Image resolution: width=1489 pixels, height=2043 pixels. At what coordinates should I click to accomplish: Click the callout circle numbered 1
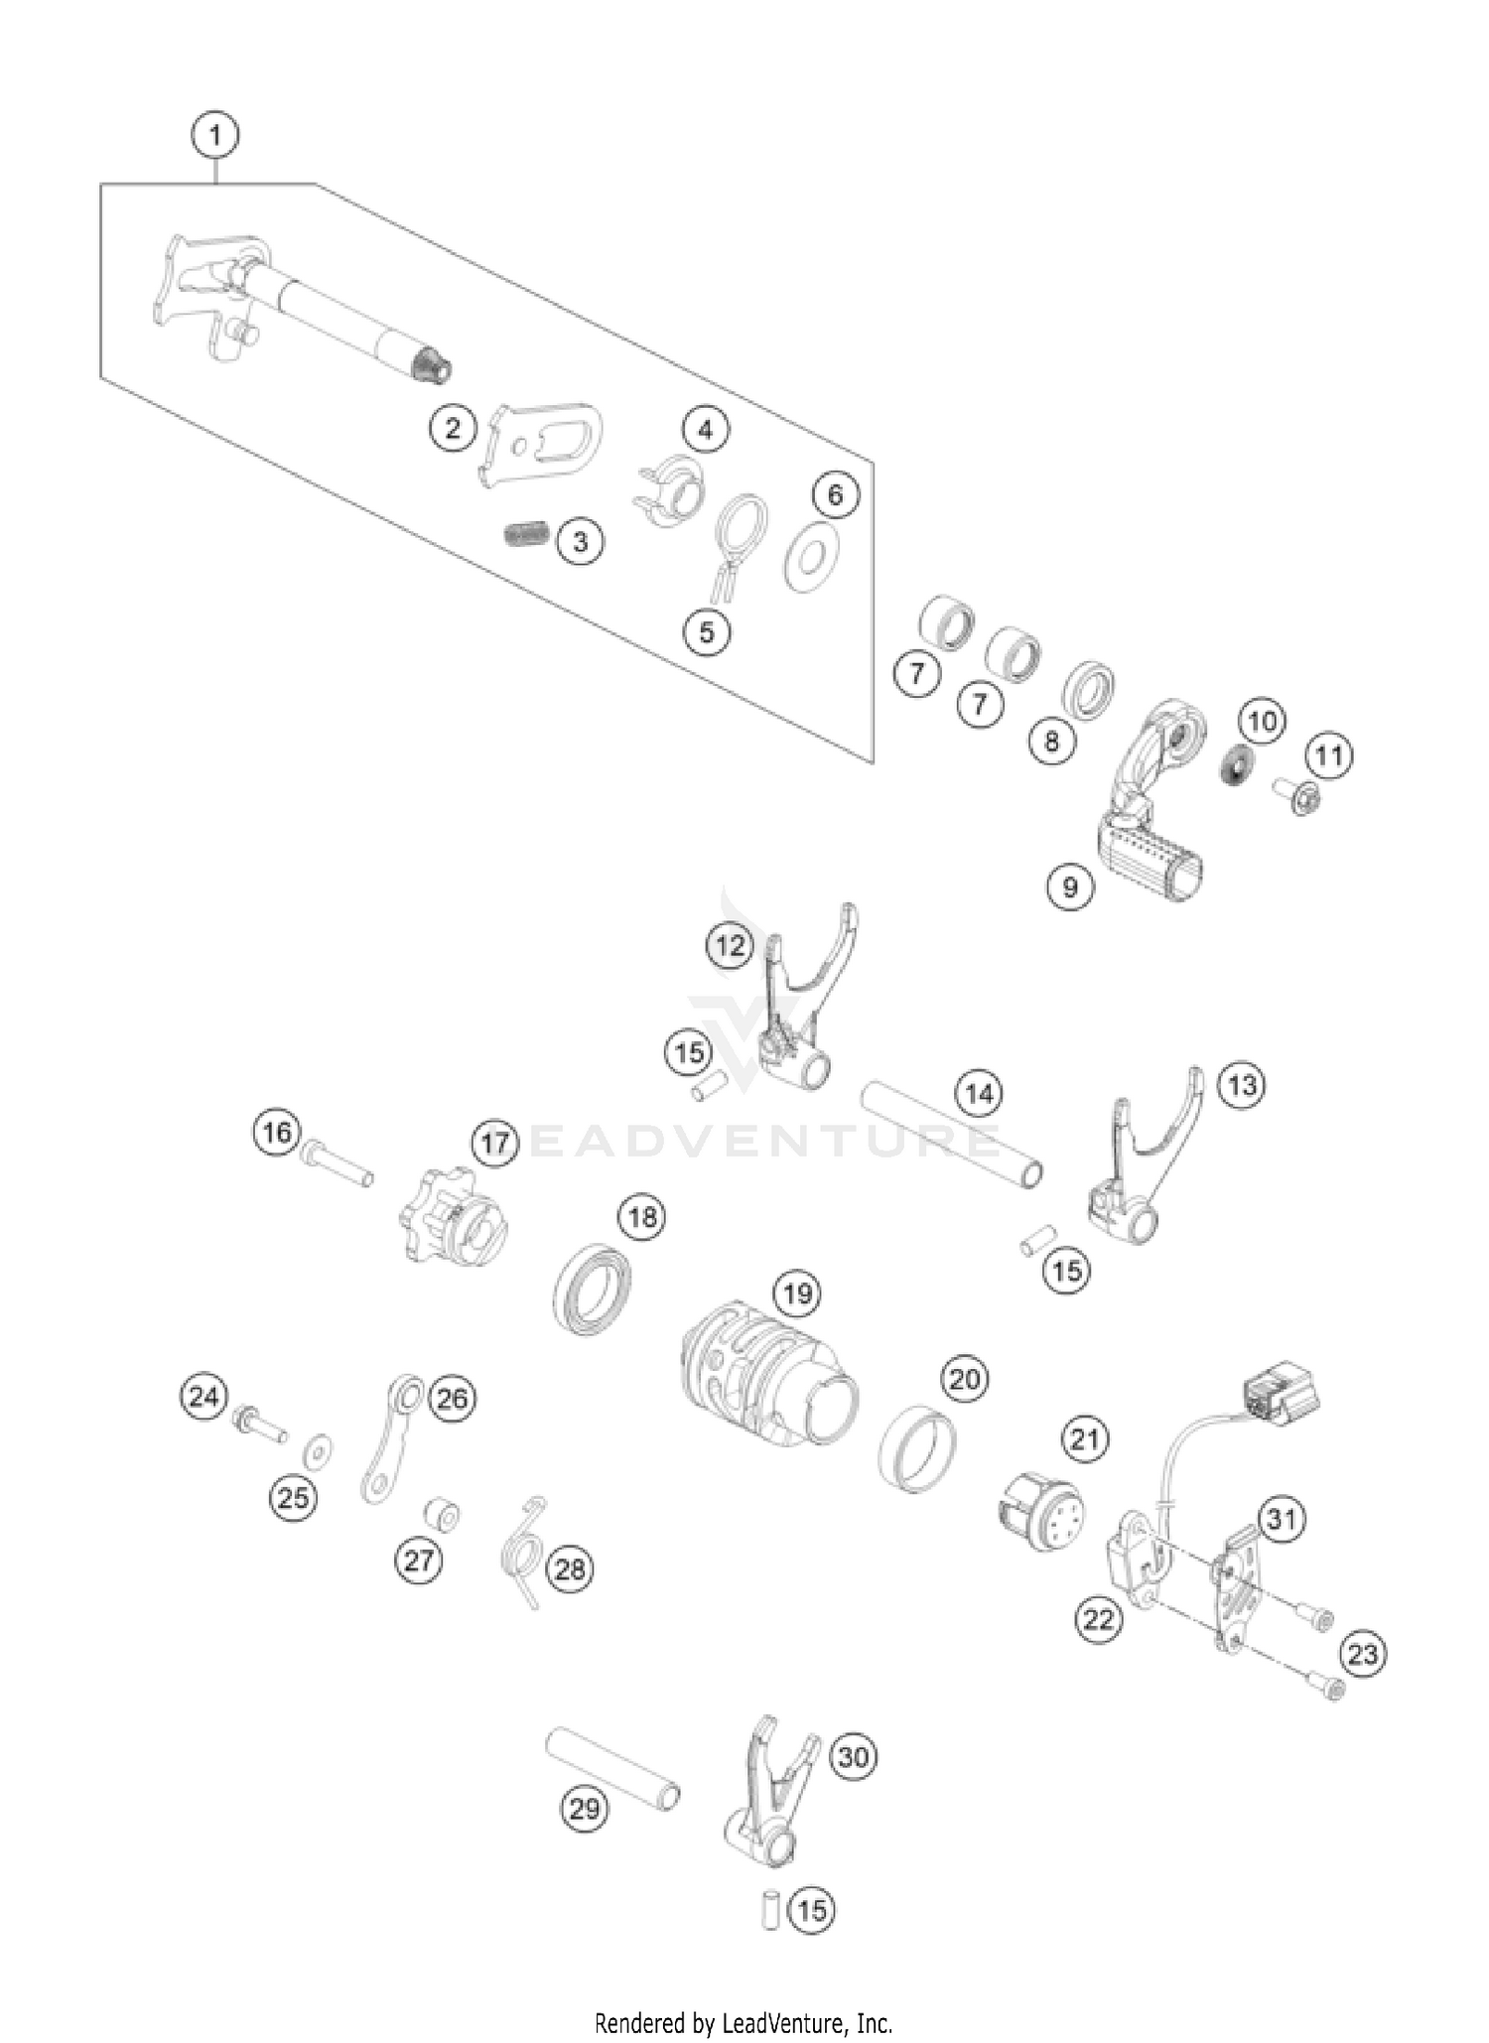215,134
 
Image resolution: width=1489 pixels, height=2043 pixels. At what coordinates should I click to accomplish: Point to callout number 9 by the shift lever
1070,885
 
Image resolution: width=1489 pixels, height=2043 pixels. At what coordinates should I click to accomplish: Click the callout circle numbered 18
642,1216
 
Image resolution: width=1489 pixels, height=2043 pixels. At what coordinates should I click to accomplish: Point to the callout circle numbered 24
203,1397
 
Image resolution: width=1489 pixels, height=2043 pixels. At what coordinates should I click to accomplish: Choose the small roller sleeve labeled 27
440,1515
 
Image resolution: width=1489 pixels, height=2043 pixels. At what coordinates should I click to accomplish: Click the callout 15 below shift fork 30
811,1910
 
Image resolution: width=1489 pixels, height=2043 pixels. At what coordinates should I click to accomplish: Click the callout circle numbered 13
1242,1085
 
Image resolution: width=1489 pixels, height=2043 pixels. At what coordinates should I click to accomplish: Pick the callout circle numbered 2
453,429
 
